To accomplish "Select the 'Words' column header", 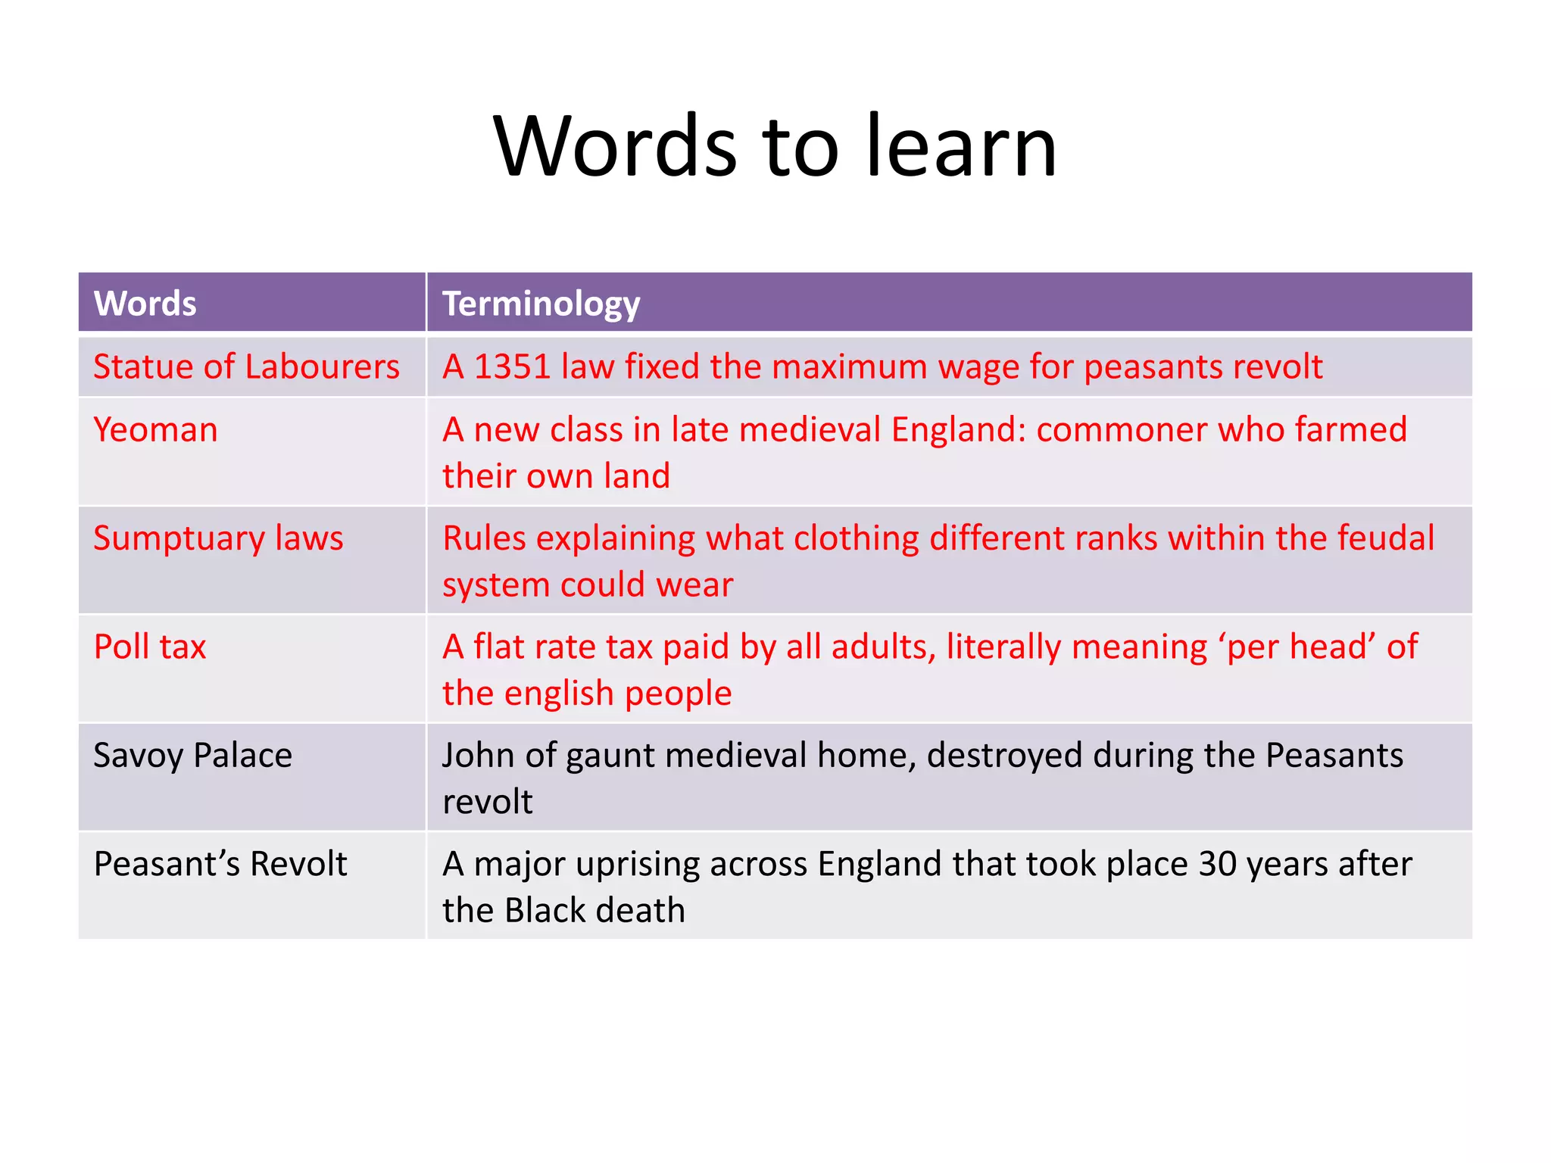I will coord(145,304).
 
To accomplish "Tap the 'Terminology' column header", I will coord(541,304).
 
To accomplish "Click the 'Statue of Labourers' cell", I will coord(246,367).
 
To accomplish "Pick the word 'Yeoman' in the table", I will coord(155,430).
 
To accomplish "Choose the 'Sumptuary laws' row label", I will coord(218,538).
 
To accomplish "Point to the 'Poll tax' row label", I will coord(150,647).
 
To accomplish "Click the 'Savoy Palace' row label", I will coord(192,756).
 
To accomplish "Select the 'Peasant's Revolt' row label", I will coord(220,864).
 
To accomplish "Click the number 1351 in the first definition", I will coord(512,367).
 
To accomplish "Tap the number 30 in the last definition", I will coord(1217,864).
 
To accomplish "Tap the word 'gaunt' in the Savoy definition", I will coord(617,756).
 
